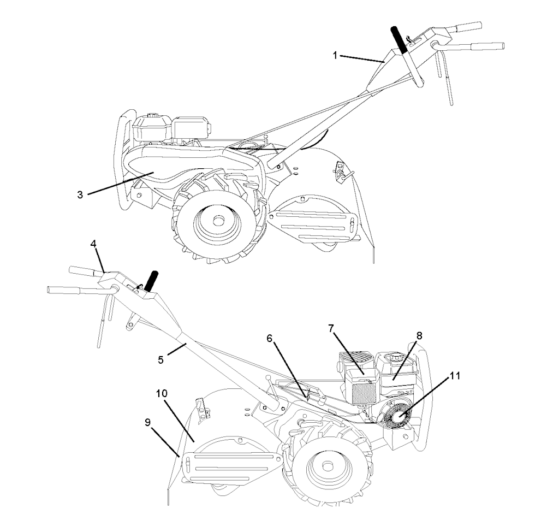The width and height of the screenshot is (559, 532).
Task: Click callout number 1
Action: tap(335, 55)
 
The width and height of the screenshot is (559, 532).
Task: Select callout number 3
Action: tap(80, 194)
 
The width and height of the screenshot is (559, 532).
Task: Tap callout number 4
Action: tap(93, 244)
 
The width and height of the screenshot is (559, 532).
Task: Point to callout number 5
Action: tap(161, 359)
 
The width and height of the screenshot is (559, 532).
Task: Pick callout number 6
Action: tap(270, 338)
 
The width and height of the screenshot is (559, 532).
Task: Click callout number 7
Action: tap(331, 328)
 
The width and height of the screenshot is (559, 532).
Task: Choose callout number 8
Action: tap(419, 335)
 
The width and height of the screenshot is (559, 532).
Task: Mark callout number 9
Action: tap(147, 422)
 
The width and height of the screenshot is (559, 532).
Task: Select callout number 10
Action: tap(162, 393)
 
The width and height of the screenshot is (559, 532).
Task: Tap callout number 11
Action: tap(455, 376)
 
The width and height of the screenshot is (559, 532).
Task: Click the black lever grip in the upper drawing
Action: tap(399, 40)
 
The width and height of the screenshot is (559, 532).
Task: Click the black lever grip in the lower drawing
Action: tap(152, 280)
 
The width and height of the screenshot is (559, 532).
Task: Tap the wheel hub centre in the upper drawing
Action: tap(216, 220)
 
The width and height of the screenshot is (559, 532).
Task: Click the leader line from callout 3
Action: tap(121, 182)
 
